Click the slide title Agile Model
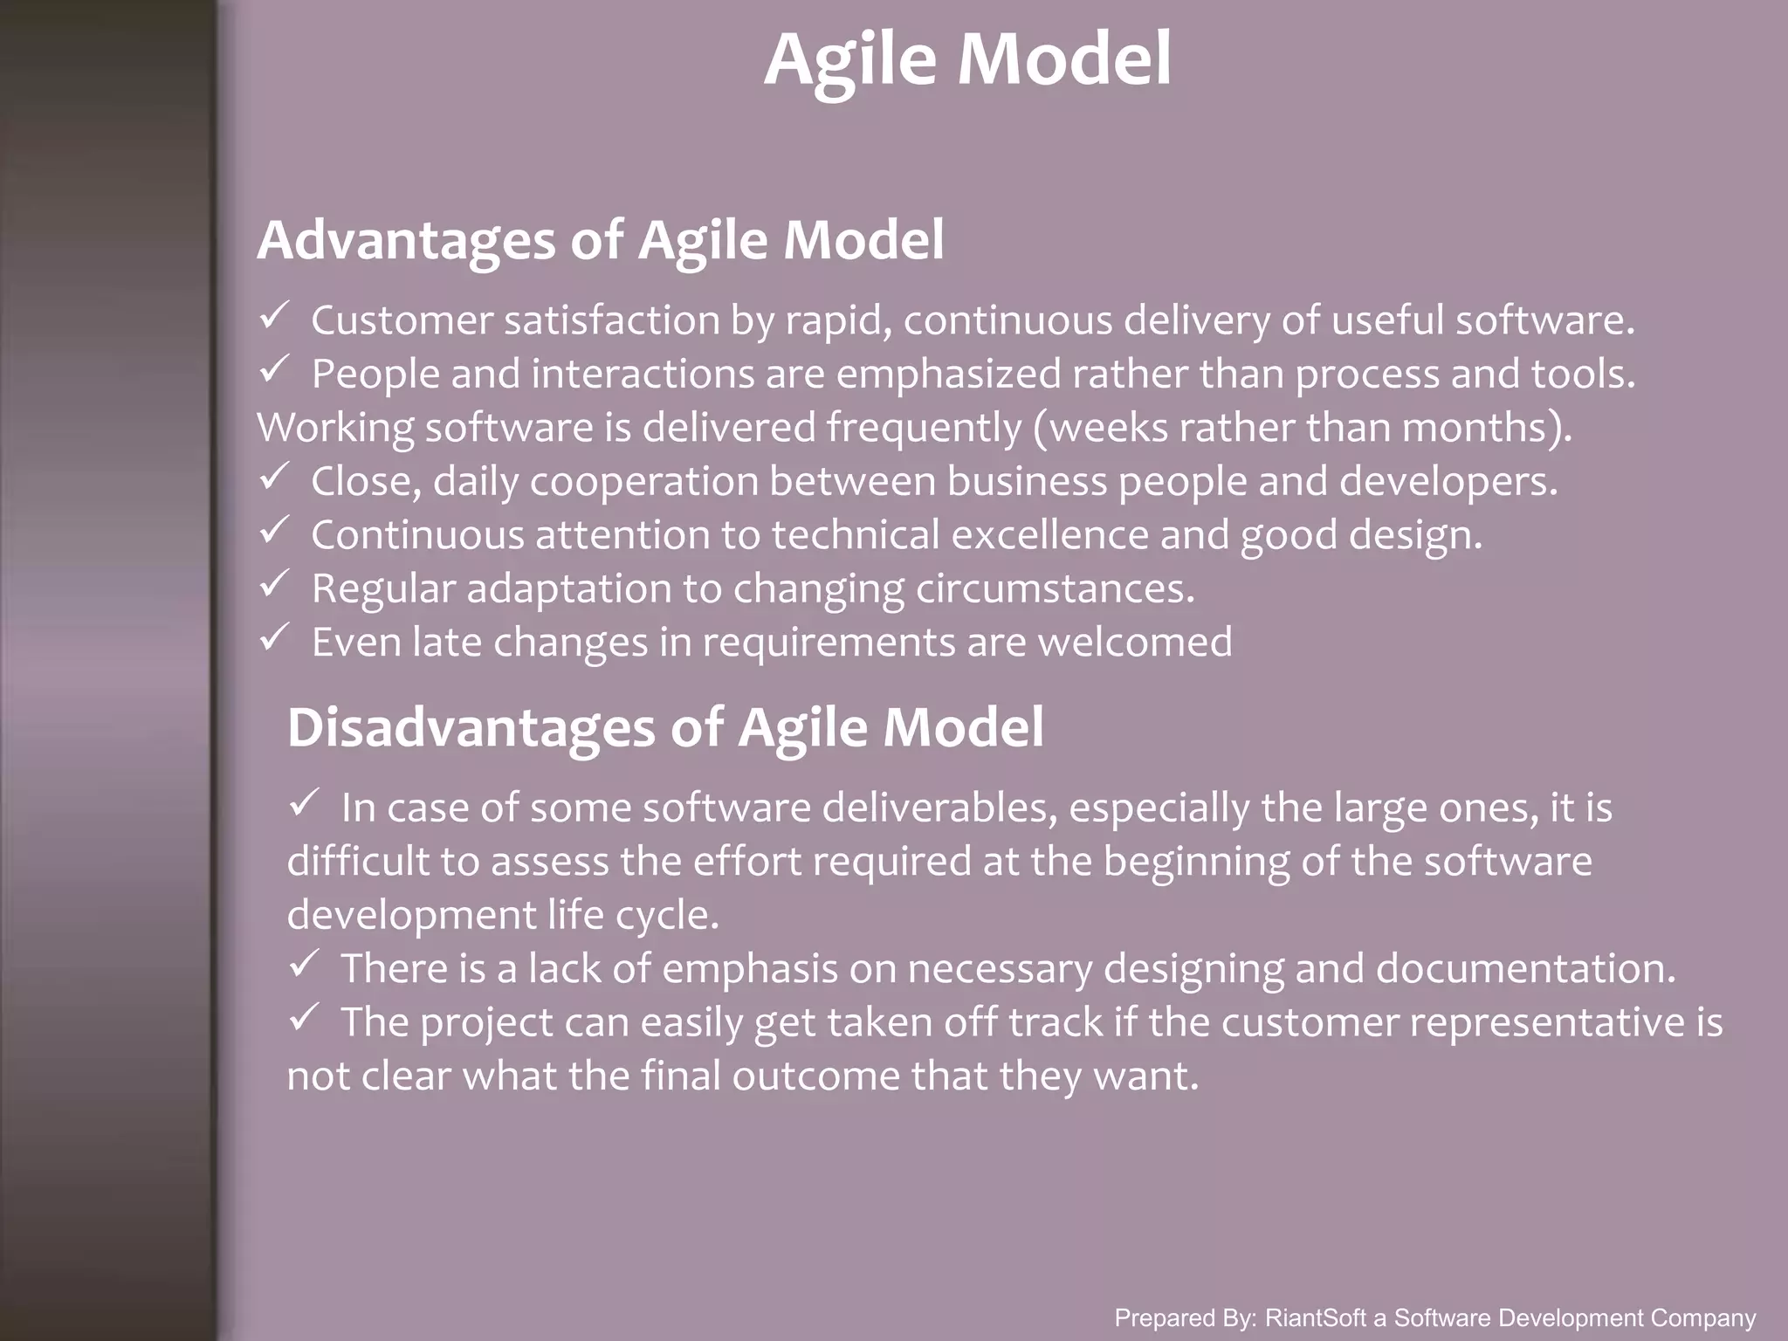(967, 59)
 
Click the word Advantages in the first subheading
(406, 240)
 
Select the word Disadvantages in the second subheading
(471, 727)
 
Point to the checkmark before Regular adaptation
(274, 584)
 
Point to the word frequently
(924, 429)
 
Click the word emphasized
(948, 375)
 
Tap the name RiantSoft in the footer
(1315, 1318)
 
